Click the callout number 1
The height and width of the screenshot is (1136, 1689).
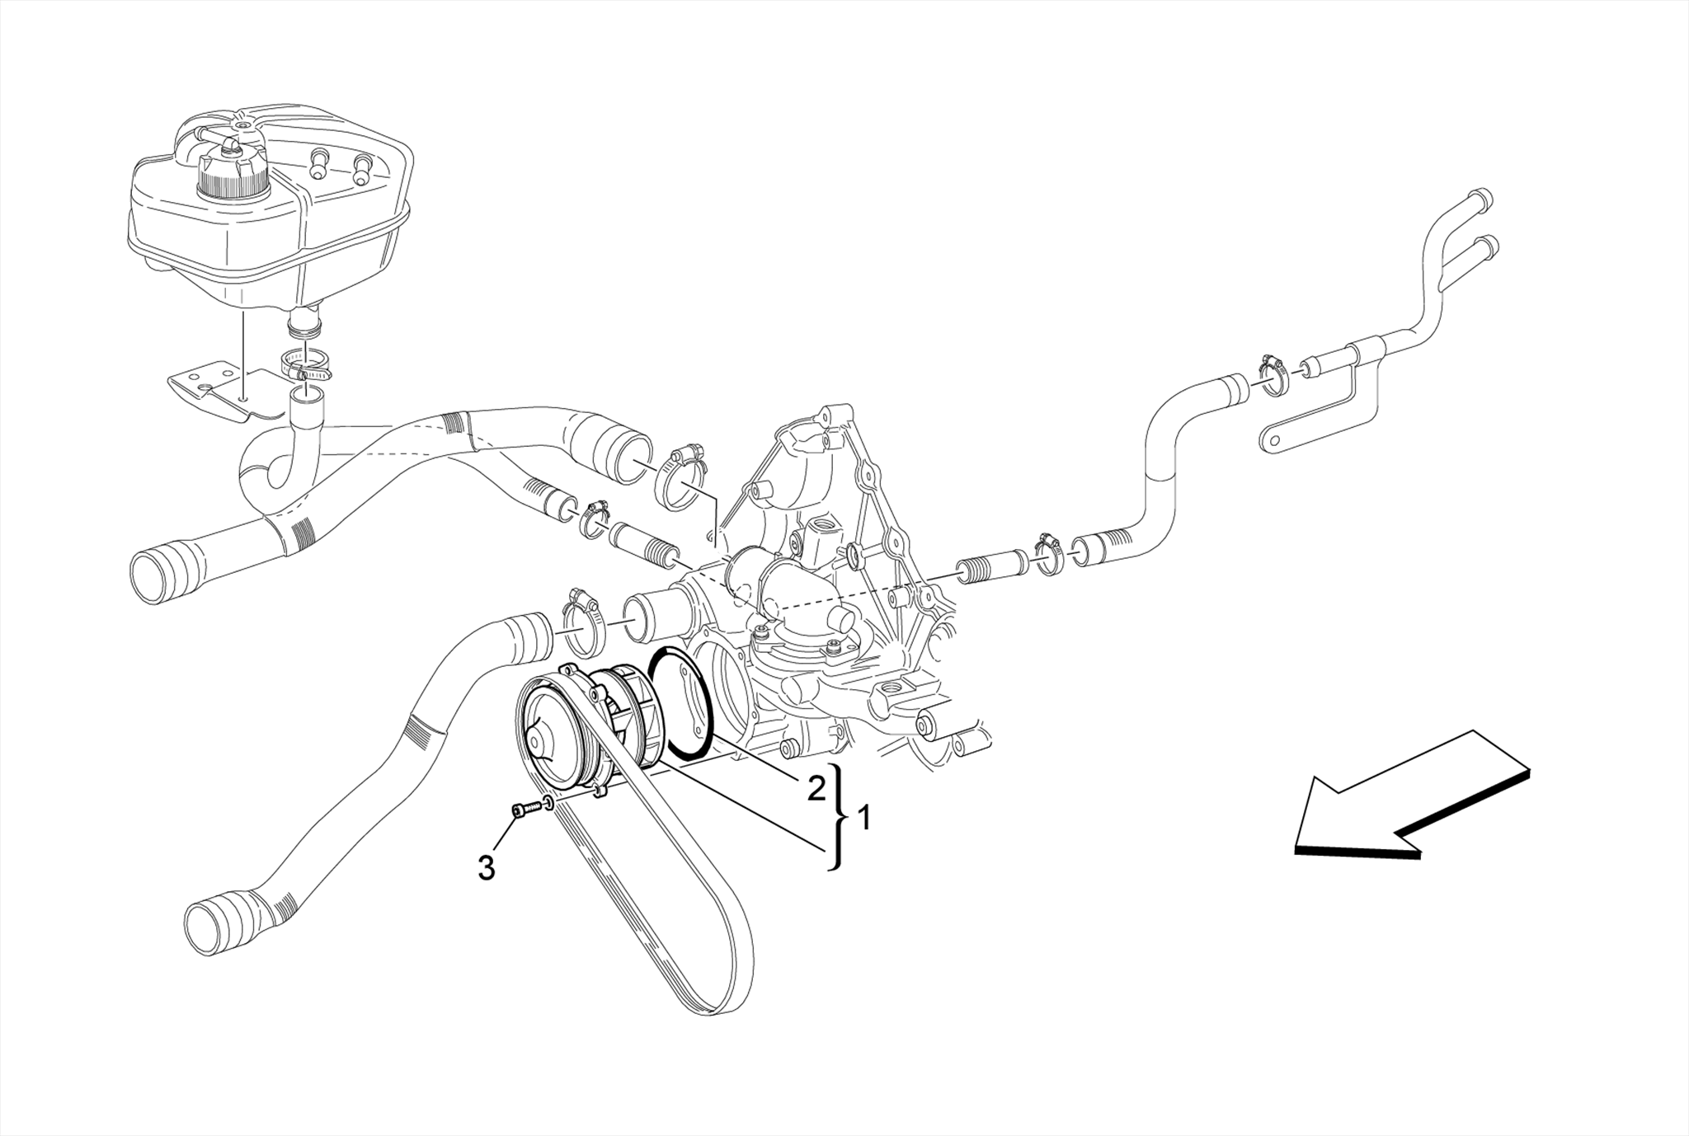click(863, 819)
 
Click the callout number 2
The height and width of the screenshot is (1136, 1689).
click(816, 789)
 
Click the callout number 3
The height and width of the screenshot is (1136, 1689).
click(487, 868)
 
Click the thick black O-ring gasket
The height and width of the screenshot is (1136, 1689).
click(681, 702)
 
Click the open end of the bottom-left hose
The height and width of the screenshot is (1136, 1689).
click(202, 929)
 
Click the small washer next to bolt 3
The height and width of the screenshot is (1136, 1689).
click(548, 804)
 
